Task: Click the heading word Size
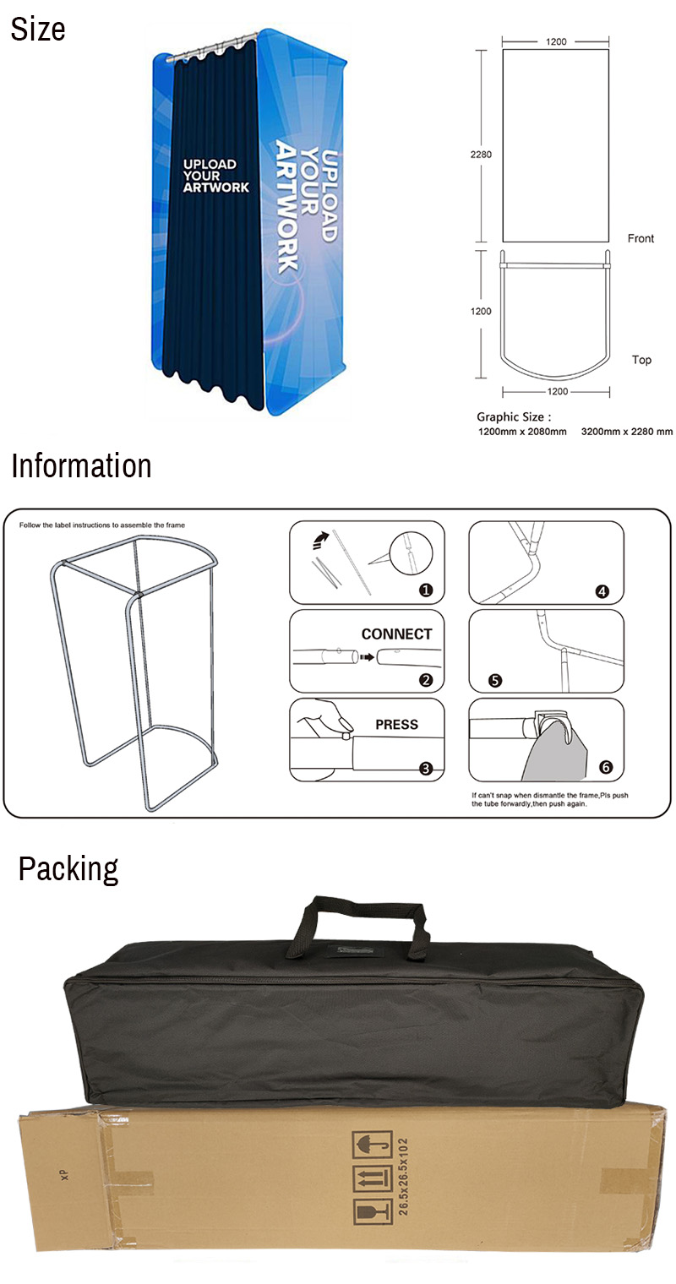tap(38, 30)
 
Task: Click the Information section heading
tap(81, 466)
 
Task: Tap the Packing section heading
tap(68, 868)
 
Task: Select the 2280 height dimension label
tap(481, 155)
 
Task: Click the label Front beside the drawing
tap(641, 238)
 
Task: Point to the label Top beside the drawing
tap(641, 360)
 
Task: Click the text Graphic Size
tap(513, 416)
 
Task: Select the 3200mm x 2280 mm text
tap(626, 432)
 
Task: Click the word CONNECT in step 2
tap(396, 634)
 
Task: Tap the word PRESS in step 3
tap(396, 725)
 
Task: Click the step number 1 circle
tap(426, 590)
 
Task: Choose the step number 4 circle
tap(602, 591)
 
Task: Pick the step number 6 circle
tap(605, 767)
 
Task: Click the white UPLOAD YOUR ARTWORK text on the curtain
tap(216, 176)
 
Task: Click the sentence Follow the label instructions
tap(101, 525)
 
